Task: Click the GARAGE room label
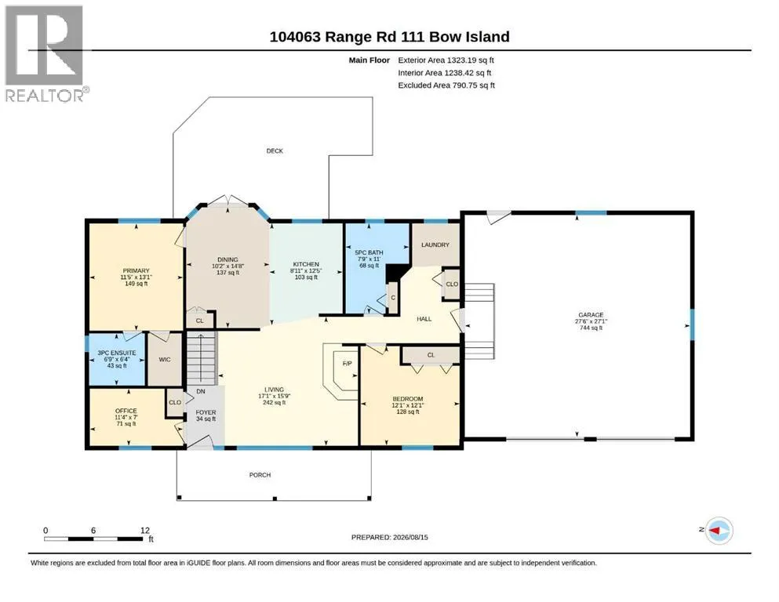point(591,314)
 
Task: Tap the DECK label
point(275,150)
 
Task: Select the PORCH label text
point(260,475)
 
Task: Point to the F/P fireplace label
point(348,364)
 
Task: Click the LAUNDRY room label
point(435,245)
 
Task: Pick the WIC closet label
point(165,359)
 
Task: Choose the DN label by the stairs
point(201,392)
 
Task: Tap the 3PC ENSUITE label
point(117,353)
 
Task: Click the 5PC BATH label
point(369,252)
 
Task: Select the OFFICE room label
point(126,411)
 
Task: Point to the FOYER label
point(206,412)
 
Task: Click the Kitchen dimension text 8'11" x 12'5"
point(306,271)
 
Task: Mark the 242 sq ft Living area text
point(275,402)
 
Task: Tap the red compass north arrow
point(715,531)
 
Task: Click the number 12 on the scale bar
point(144,530)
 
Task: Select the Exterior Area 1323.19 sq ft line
point(446,60)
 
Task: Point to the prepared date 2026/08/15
point(410,537)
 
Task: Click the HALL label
point(424,319)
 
